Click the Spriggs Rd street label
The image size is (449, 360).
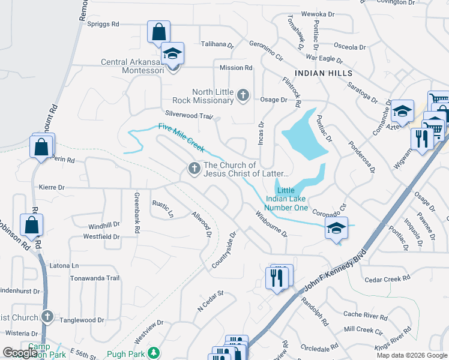pyautogui.click(x=103, y=24)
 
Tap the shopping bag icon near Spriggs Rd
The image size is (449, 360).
pyautogui.click(x=158, y=32)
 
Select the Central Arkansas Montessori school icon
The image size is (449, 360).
pyautogui.click(x=173, y=54)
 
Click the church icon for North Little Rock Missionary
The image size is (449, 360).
pyautogui.click(x=243, y=95)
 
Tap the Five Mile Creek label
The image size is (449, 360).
pyautogui.click(x=181, y=136)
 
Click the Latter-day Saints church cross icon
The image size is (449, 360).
pyautogui.click(x=194, y=169)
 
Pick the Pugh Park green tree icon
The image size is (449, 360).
pyautogui.click(x=154, y=353)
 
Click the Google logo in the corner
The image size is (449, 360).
pyautogui.click(x=20, y=353)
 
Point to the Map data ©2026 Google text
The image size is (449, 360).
pyautogui.click(x=412, y=355)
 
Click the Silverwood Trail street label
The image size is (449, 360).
pyautogui.click(x=189, y=115)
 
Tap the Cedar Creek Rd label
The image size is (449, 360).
pyautogui.click(x=387, y=278)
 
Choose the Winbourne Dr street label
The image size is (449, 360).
pyautogui.click(x=271, y=223)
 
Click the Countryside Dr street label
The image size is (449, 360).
pyautogui.click(x=225, y=251)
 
